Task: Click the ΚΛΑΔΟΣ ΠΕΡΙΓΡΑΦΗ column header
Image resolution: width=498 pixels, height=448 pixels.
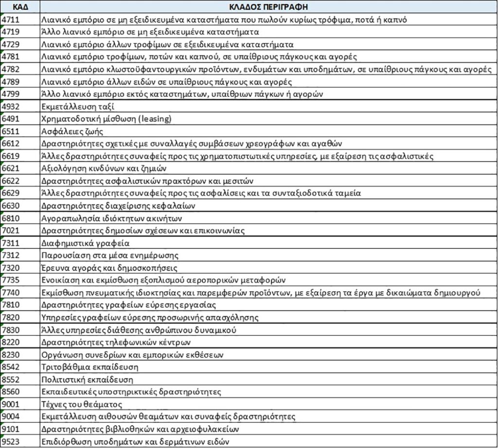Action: [x=268, y=7]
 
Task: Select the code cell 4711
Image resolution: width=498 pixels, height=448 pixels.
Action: [x=10, y=20]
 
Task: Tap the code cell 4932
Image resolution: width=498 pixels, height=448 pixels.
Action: [x=10, y=107]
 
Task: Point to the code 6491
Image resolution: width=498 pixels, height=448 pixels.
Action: [x=10, y=119]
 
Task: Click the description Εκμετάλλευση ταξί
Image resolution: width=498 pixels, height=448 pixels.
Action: [x=78, y=107]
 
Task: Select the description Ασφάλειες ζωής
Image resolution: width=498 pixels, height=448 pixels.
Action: [x=72, y=131]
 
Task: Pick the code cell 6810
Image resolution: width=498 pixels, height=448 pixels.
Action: [x=10, y=218]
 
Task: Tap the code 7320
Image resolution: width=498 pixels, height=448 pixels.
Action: [x=10, y=267]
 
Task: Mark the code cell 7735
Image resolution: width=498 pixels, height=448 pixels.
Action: [x=10, y=280]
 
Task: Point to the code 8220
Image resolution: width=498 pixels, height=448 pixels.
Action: [x=10, y=342]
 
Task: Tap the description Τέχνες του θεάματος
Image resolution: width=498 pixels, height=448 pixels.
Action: [x=82, y=404]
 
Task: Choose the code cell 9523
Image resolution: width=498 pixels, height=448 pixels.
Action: [x=10, y=441]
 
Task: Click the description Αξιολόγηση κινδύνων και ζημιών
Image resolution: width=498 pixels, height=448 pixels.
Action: [x=104, y=168]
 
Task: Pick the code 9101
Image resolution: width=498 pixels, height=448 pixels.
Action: [x=10, y=429]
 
